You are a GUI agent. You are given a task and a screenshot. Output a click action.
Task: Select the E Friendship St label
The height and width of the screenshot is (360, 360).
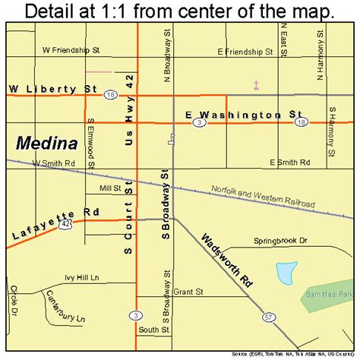[x=245, y=52]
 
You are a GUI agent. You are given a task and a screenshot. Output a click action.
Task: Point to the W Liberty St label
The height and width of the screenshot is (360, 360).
[x=52, y=89]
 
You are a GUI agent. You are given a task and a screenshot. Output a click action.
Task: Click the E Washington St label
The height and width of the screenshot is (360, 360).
[x=244, y=113]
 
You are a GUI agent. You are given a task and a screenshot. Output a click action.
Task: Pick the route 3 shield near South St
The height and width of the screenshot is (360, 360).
[x=136, y=314]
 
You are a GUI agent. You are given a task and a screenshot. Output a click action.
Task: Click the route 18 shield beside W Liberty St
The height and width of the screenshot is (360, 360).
[x=111, y=95]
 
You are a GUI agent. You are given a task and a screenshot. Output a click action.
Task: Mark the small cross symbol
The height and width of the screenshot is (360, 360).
[x=257, y=85]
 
